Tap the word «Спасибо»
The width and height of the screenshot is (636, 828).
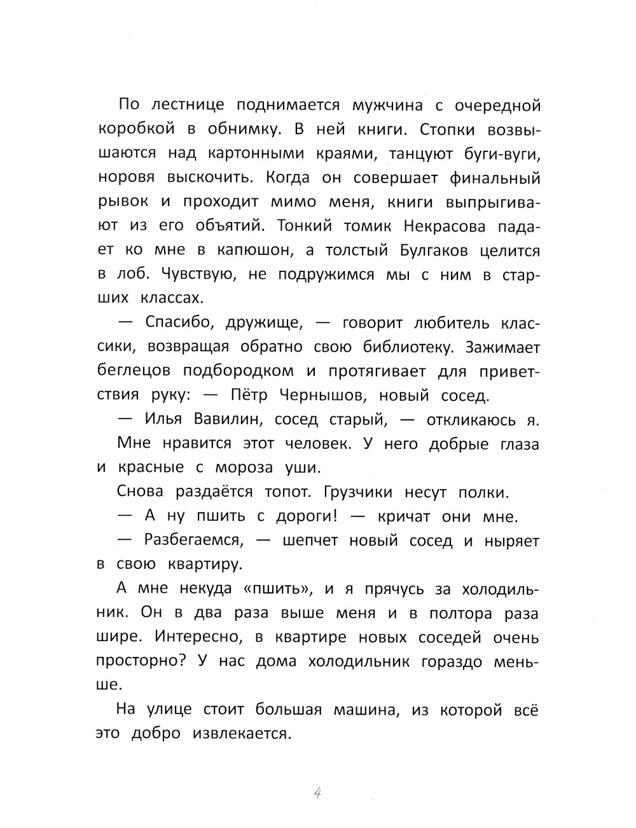point(172,323)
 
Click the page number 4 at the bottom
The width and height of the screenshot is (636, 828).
point(319,793)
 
